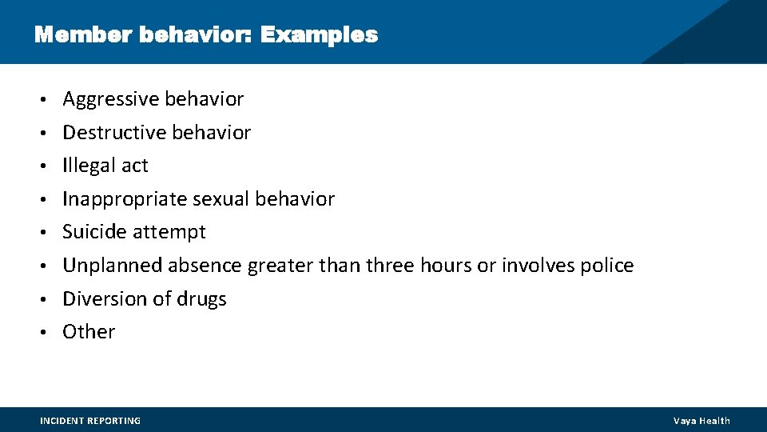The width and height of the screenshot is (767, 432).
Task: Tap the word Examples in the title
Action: click(319, 35)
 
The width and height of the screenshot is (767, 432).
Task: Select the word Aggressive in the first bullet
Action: click(110, 99)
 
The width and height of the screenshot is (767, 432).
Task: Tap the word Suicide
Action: click(94, 232)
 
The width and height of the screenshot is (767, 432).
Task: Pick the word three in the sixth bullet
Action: click(390, 266)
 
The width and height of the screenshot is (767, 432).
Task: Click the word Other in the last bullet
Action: click(89, 332)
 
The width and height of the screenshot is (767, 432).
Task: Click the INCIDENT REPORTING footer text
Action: click(90, 421)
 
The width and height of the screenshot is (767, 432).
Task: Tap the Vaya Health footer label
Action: click(701, 421)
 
